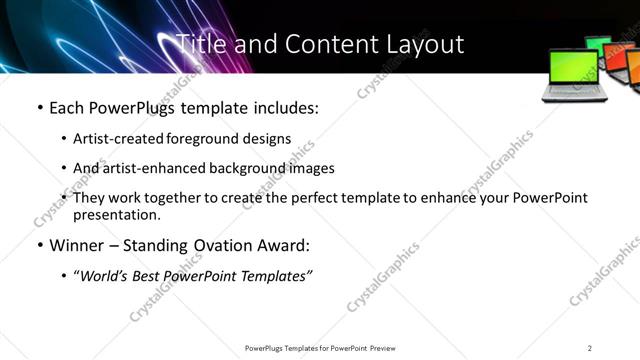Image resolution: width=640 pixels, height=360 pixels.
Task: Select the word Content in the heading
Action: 321,44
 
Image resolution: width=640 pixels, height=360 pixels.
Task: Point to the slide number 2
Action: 590,347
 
